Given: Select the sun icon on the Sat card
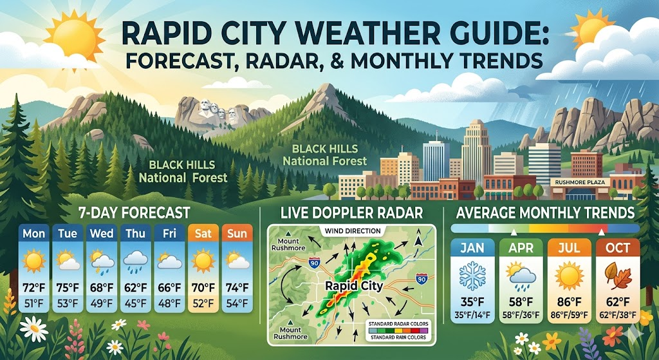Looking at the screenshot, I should pos(203,260).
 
